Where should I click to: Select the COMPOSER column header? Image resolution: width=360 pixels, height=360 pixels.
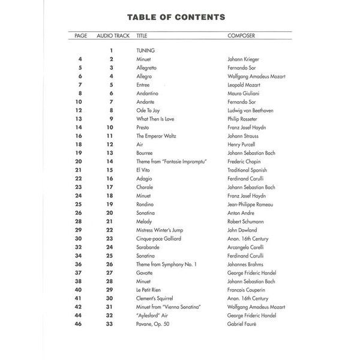(x=241, y=36)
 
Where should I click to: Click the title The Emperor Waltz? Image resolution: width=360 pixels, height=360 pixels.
(x=158, y=136)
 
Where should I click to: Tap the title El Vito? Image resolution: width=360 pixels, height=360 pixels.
(x=145, y=170)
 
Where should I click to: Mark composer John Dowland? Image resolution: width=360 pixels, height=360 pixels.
(x=242, y=230)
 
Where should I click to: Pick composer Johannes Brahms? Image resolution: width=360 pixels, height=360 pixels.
(x=247, y=264)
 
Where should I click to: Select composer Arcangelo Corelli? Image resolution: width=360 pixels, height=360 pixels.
(x=247, y=247)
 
